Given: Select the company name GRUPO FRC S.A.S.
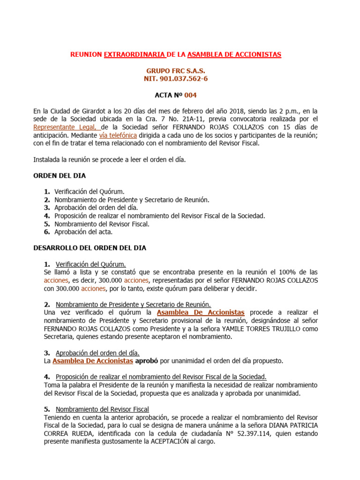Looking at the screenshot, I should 176,70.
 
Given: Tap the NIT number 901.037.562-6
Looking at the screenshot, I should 176,79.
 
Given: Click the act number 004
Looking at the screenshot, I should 190,95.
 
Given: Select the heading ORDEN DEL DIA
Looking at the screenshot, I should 60,176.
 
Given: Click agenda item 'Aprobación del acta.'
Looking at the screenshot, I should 83,232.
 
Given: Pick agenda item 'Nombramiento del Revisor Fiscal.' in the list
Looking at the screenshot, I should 102,224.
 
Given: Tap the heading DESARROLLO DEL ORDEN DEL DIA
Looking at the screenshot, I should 90,248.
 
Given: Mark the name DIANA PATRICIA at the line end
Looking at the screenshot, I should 293,425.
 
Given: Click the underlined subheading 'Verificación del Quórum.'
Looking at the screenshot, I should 90,264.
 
